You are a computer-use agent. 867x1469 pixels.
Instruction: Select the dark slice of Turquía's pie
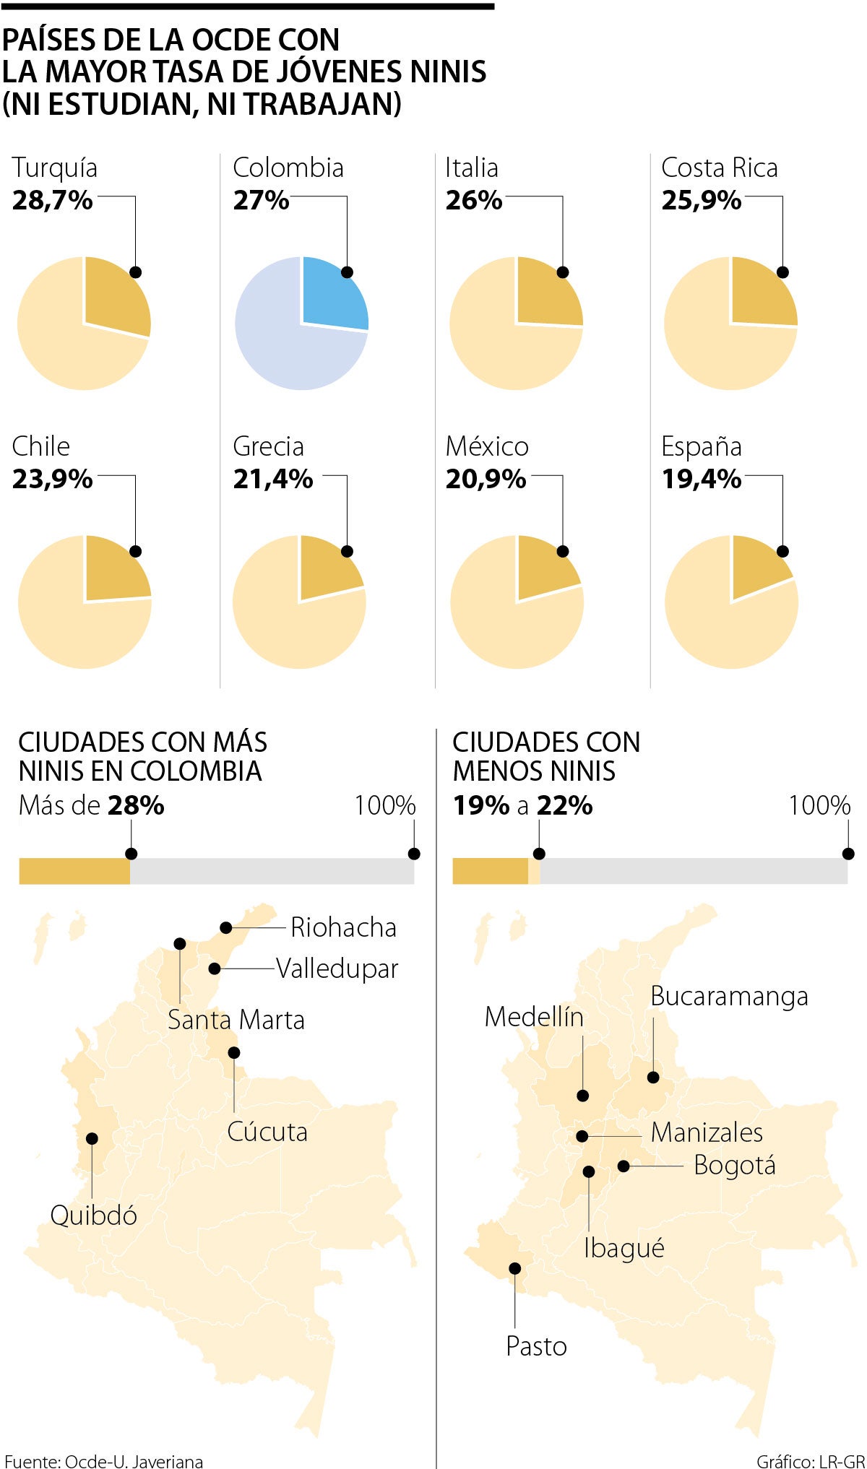tap(114, 295)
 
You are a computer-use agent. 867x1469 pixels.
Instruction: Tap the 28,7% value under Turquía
tap(53, 200)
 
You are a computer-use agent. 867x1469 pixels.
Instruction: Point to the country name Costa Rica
tap(719, 168)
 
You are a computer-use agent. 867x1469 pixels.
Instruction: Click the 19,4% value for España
tap(701, 479)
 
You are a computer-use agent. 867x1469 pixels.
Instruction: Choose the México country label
tap(487, 446)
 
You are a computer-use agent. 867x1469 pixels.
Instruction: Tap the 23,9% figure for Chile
tap(53, 479)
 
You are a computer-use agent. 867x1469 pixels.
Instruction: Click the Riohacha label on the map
tap(343, 927)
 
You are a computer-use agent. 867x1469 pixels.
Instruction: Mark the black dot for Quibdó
tap(92, 1138)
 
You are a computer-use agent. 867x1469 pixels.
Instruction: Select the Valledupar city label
tap(337, 968)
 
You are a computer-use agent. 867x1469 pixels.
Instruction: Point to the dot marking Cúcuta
tap(233, 1052)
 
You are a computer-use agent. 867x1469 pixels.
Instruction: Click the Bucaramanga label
tap(728, 996)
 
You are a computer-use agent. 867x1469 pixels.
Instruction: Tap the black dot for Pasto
tap(515, 1268)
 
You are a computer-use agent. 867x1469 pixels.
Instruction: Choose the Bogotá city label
tap(734, 1165)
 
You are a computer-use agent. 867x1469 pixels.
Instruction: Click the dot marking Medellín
tap(583, 1096)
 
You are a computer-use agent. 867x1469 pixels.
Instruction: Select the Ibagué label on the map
tap(624, 1247)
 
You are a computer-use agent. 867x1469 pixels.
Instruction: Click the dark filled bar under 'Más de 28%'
tap(74, 871)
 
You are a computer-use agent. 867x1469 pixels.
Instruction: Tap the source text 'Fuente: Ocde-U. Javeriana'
tap(104, 1461)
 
